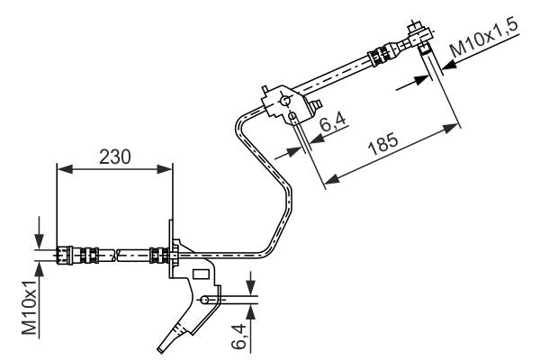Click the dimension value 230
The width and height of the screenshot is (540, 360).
coord(114,156)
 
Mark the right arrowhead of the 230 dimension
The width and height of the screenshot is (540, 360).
coord(166,168)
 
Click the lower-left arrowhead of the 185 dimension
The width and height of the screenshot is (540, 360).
coord(329,183)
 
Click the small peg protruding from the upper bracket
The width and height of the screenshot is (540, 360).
coord(318,108)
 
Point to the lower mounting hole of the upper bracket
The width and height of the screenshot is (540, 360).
coord(293,116)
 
